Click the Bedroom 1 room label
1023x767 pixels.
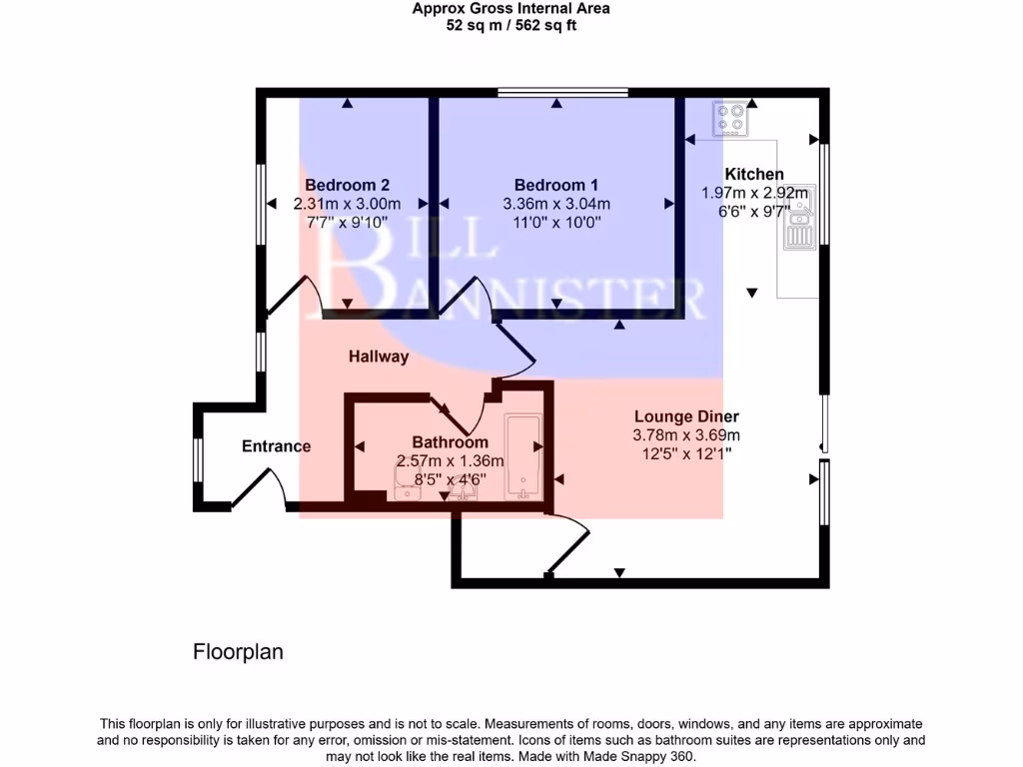[x=555, y=185]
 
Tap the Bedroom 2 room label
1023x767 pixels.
[x=347, y=185]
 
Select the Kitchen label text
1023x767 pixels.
[x=754, y=174]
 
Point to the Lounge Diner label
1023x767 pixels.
[x=686, y=416]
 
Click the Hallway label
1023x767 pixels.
[x=379, y=357]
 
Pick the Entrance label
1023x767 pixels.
[x=277, y=446]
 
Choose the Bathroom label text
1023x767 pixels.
[x=451, y=442]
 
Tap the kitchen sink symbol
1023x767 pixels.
[x=799, y=223]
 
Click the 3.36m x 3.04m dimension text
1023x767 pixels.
[x=555, y=204]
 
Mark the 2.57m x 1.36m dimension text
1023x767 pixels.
[x=451, y=460]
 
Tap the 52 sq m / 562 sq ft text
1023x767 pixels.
[x=511, y=25]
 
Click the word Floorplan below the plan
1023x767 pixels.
[x=238, y=652]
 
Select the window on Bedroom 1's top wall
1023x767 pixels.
[x=562, y=93]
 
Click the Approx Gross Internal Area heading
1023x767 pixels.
[x=511, y=9]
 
